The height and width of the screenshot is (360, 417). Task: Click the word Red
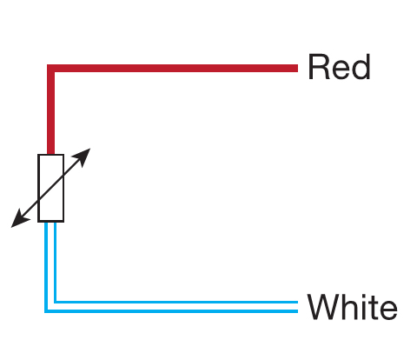339,67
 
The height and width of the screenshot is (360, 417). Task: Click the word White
352,308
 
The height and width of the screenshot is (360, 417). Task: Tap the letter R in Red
319,67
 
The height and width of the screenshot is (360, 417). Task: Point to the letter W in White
324,308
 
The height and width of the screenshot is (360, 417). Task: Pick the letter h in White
347,308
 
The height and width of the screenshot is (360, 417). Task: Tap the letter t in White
368,309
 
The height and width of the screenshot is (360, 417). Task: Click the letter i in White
360,308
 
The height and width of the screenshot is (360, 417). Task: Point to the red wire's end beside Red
295,67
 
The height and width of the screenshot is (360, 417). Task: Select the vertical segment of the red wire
51,113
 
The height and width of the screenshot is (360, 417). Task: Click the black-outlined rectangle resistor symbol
51,188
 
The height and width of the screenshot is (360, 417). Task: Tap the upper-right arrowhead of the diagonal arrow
85,154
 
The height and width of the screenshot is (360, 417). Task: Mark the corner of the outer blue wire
47,310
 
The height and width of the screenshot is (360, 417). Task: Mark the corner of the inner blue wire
56,302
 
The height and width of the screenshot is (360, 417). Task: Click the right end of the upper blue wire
296,302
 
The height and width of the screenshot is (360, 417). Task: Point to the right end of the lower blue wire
296,310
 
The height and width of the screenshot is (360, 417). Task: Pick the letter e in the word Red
341,70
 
